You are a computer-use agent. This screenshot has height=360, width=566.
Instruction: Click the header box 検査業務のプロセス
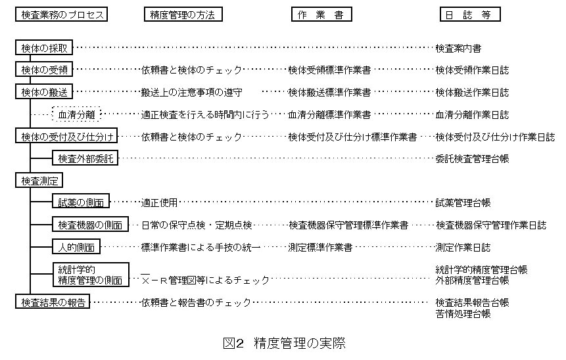tap(61, 14)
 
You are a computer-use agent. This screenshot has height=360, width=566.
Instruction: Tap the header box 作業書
tap(321, 14)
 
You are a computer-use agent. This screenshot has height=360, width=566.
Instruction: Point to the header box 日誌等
tap(469, 14)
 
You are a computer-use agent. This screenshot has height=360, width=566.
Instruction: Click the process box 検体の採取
tap(44, 48)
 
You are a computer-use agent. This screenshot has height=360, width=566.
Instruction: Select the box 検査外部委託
tap(85, 158)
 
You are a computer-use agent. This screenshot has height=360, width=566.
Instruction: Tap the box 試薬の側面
tap(81, 202)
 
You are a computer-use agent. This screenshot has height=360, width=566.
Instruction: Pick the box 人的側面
tap(77, 247)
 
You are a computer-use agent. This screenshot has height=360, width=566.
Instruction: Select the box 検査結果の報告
tap(53, 302)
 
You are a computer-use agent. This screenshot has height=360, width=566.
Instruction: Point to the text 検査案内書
tap(458, 48)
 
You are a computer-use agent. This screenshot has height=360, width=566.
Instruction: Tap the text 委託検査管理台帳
tap(472, 158)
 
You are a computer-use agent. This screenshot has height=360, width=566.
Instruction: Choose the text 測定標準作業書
tap(320, 247)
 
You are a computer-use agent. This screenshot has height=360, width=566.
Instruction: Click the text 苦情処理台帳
tap(463, 314)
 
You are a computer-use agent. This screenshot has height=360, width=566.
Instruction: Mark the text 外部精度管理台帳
tap(472, 280)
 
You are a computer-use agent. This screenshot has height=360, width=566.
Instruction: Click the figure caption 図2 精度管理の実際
tap(284, 343)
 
